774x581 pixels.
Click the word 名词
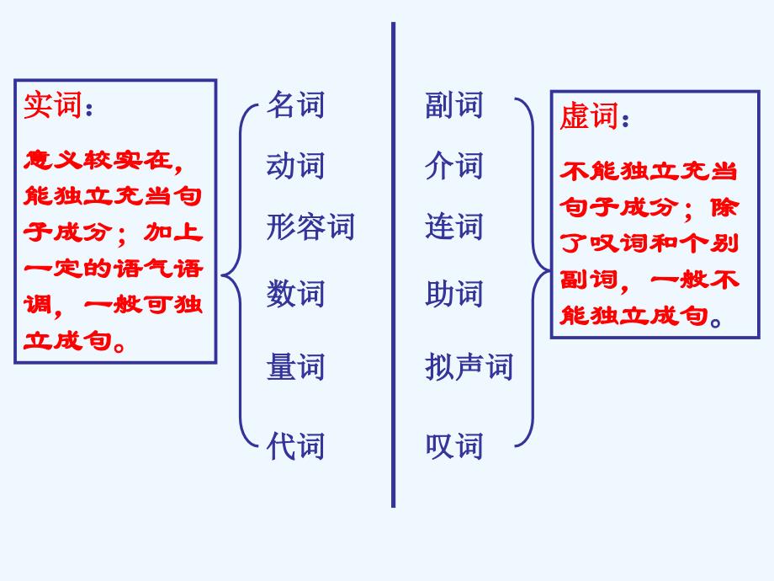click(x=295, y=105)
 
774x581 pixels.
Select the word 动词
click(x=295, y=165)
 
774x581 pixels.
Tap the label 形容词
click(x=310, y=227)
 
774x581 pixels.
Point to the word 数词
click(x=295, y=294)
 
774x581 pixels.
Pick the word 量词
click(x=295, y=367)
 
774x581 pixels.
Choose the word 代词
click(x=295, y=444)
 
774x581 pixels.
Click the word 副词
click(x=454, y=105)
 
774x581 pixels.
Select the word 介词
click(x=454, y=165)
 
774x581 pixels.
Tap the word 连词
click(x=454, y=227)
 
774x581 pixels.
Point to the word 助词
click(x=454, y=294)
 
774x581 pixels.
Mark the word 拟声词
click(x=469, y=367)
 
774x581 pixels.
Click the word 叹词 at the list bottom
click(x=454, y=444)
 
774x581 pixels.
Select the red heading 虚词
click(x=589, y=117)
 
